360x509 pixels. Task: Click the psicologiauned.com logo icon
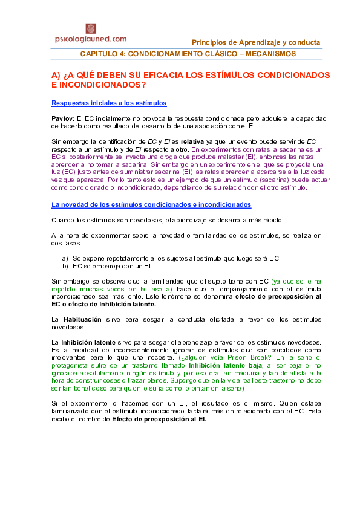click(91, 28)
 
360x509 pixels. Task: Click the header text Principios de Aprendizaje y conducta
click(256, 42)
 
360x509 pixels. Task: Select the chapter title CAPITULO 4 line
click(188, 54)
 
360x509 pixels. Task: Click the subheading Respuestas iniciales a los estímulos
click(109, 103)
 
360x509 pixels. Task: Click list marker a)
click(65, 258)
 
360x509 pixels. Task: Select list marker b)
click(65, 265)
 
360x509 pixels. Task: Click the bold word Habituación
click(81, 319)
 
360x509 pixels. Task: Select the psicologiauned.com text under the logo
click(91, 39)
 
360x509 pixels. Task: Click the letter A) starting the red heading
click(56, 75)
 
